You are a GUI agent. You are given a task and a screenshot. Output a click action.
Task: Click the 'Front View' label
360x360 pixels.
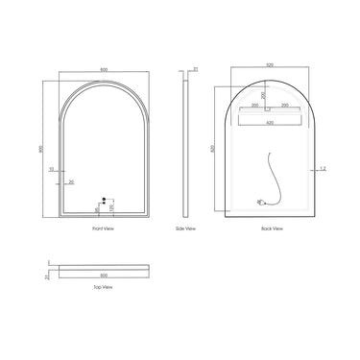click(104, 229)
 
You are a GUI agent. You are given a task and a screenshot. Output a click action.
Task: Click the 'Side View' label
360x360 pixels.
click(186, 229)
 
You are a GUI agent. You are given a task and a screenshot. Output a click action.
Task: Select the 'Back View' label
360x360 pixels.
click(272, 229)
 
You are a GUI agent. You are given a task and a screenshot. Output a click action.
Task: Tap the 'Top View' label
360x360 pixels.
click(103, 286)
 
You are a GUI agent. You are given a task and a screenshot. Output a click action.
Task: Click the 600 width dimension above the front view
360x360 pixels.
click(103, 70)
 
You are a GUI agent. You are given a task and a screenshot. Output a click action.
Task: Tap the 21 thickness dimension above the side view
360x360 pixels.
click(195, 70)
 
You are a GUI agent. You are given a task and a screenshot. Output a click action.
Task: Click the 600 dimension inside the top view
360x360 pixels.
click(104, 274)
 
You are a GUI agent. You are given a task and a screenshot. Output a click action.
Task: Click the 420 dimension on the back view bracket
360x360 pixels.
click(272, 124)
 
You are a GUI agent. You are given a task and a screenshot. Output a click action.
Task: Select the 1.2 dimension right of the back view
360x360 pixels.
click(324, 169)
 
